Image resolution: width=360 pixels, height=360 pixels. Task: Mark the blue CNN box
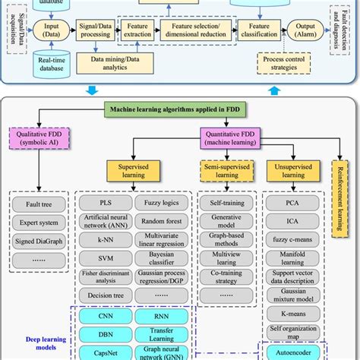click(x=106, y=316)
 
